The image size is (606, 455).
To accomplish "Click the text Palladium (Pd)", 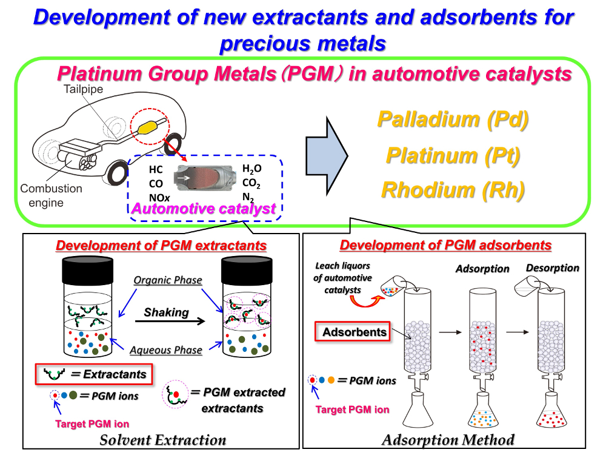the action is coord(453,120).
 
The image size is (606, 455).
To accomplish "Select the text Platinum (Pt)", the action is coord(453,156).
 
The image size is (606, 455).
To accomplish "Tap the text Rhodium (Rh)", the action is coord(453,190).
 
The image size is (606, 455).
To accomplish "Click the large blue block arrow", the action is coord(327,156).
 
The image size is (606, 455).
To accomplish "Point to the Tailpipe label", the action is coord(84,89).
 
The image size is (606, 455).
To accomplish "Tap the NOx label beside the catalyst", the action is coord(159,198).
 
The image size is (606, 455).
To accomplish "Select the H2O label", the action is coord(252,169).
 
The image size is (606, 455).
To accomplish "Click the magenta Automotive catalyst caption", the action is coord(203,209).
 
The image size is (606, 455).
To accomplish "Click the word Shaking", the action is coord(166,312).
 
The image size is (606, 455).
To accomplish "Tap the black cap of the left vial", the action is coord(88,271).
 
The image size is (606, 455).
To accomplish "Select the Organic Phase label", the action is coord(168,280).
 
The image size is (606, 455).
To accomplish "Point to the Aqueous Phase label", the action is coord(166,350).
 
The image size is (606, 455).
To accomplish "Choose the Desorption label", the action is coord(552,268).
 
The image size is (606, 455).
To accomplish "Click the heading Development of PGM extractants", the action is coord(161,245).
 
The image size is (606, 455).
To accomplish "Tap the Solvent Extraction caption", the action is coord(162,440).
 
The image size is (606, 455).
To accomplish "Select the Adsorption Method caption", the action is coord(448,440).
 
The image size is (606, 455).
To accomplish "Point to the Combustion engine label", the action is coord(51,195).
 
